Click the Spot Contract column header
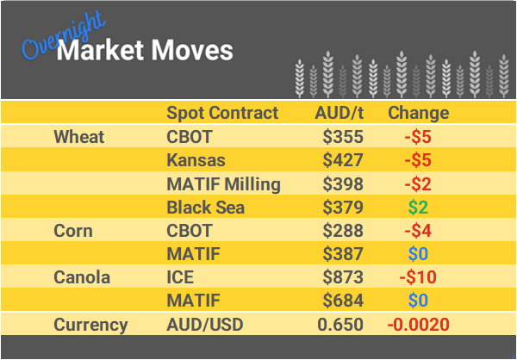222,114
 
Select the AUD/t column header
339,114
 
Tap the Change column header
418,114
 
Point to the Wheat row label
78,137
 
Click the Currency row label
90,325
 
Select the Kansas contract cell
196,160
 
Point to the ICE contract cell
180,278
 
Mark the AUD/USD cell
205,325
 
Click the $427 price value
343,160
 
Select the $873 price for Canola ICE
343,278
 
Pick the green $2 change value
418,208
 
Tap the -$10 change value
418,278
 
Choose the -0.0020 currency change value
418,325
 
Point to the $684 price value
343,301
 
